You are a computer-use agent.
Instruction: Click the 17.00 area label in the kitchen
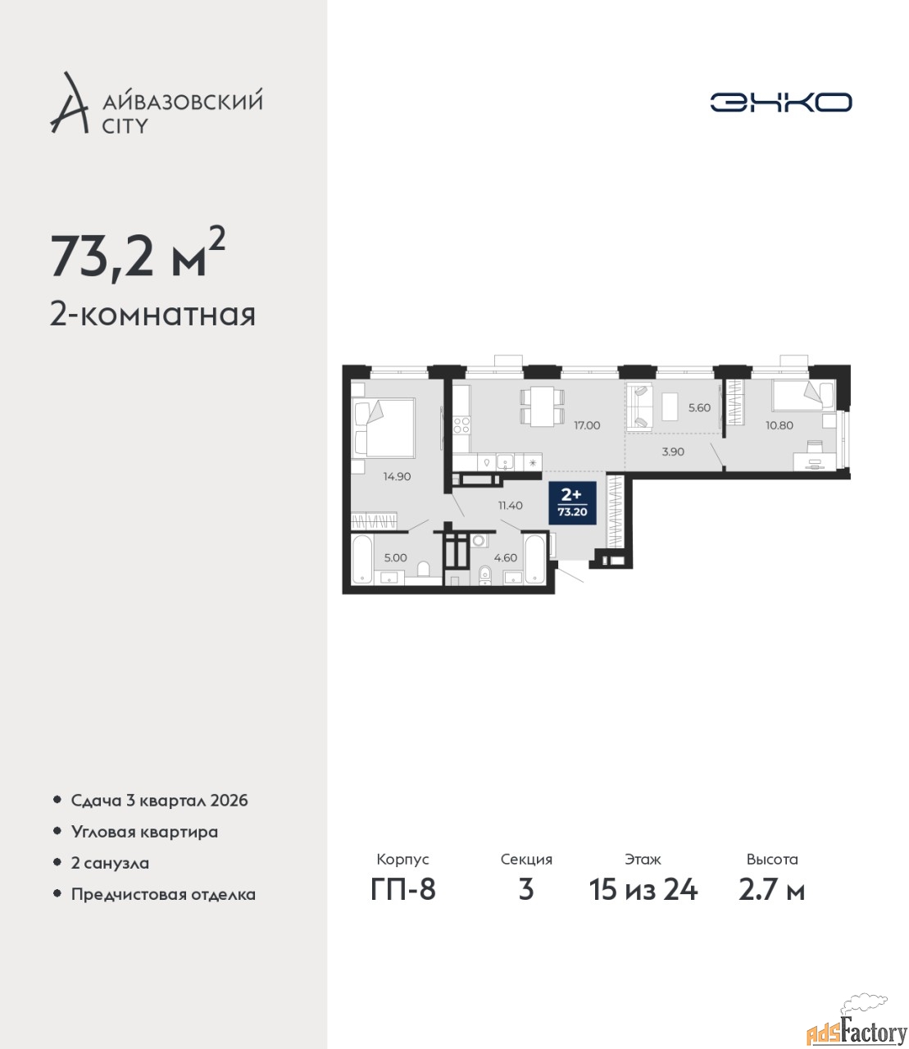coord(587,426)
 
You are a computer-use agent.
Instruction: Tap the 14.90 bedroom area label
coord(397,476)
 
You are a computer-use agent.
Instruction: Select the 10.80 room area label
coord(779,425)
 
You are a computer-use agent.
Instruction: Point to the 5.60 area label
coord(699,407)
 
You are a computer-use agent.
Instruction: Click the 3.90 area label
coord(673,452)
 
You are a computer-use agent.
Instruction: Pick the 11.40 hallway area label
coord(510,506)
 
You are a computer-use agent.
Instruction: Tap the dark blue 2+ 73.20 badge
coord(572,503)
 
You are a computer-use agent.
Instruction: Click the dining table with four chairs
coord(542,405)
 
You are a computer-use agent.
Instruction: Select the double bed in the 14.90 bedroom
coord(384,427)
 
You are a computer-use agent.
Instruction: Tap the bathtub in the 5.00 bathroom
coord(362,558)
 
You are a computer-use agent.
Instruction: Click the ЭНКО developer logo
coord(780,102)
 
